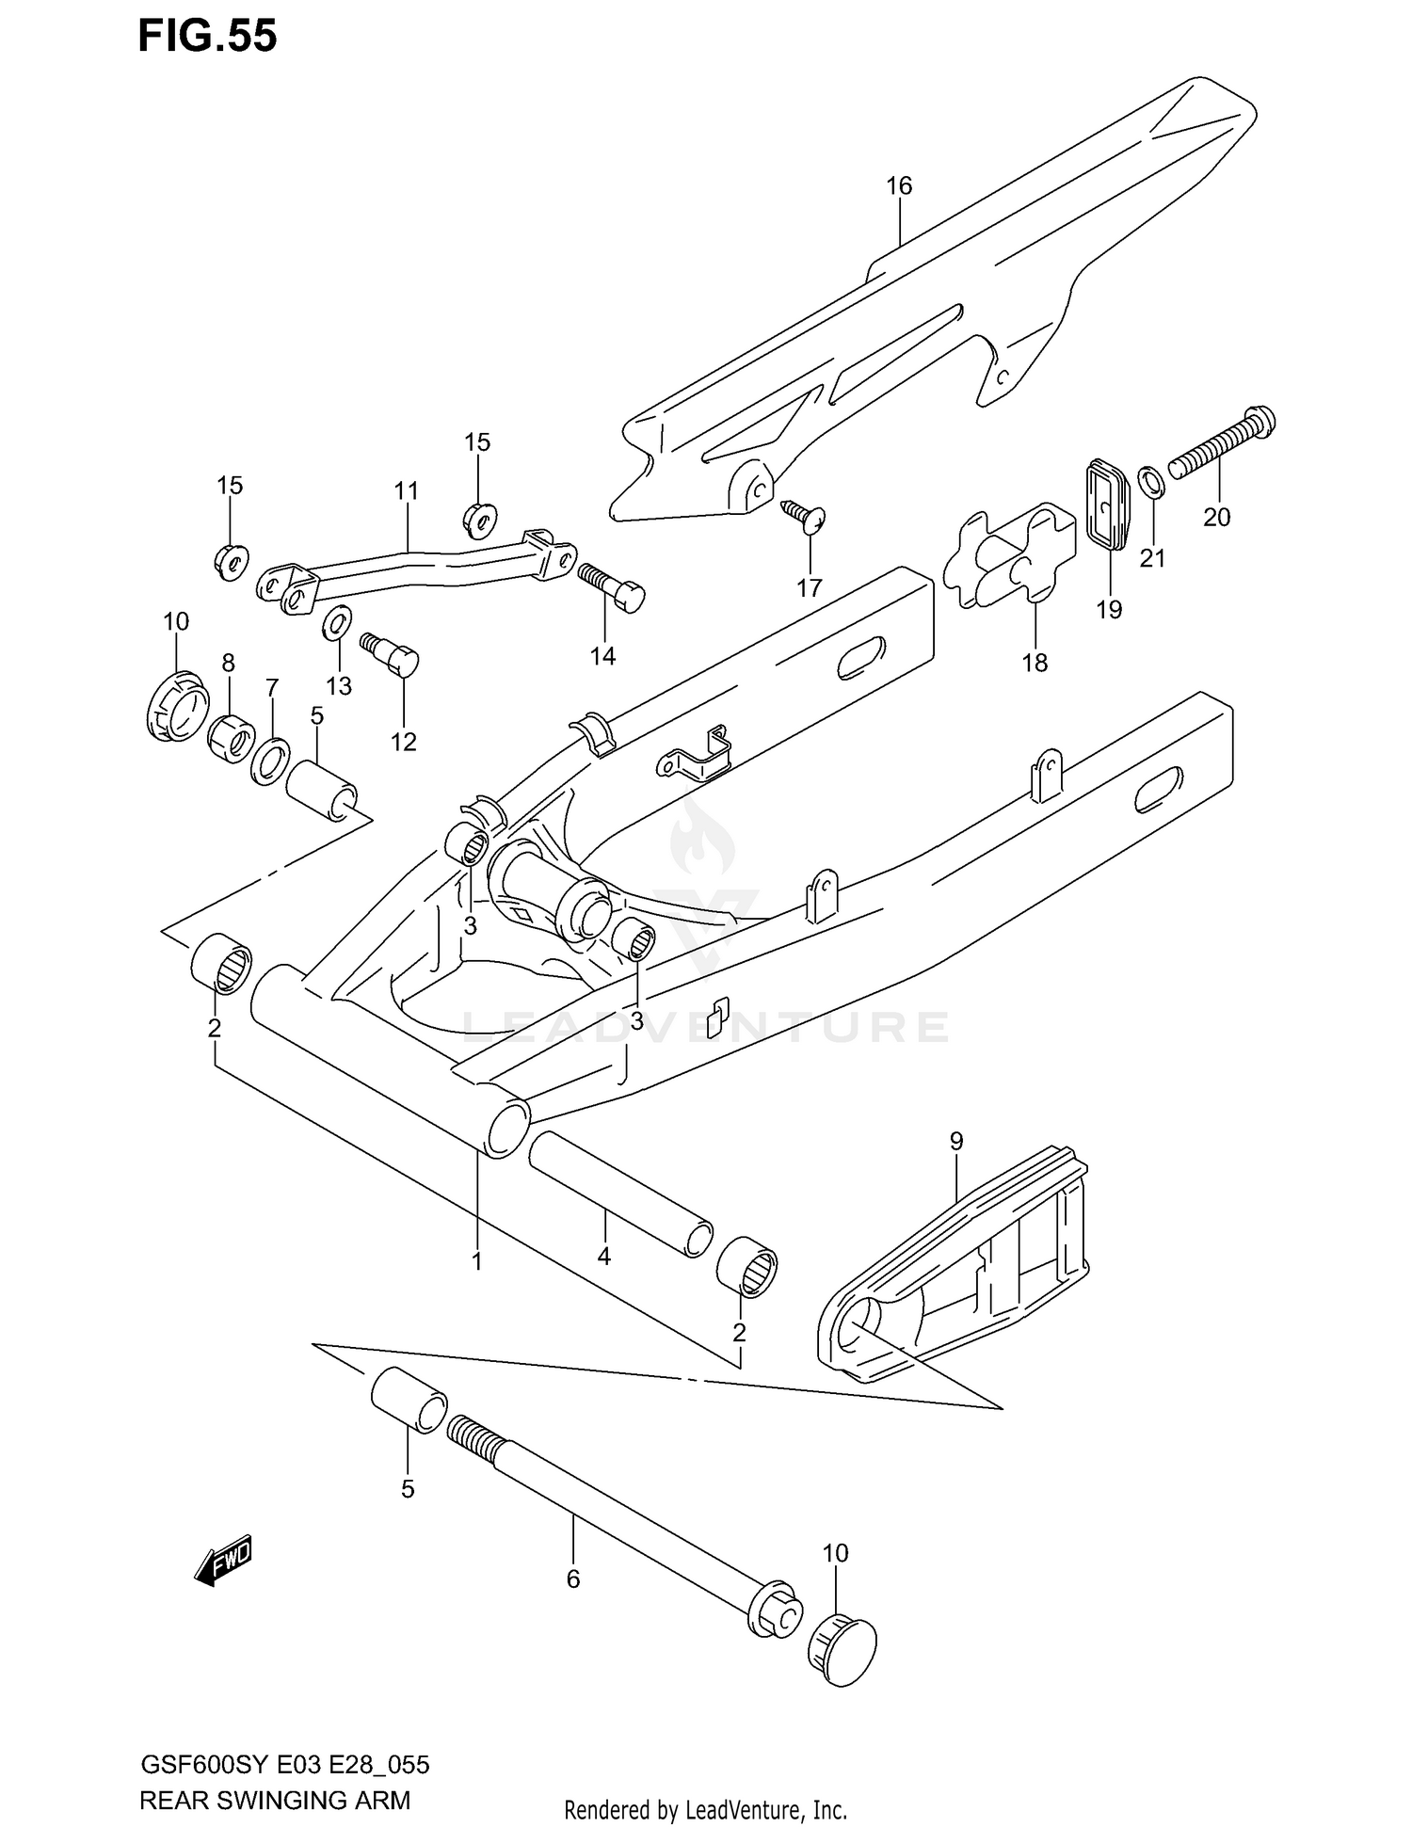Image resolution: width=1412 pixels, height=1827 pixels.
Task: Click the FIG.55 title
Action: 208,36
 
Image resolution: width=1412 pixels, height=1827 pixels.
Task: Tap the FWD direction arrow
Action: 224,1563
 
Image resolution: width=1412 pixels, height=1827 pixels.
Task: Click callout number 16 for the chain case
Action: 899,186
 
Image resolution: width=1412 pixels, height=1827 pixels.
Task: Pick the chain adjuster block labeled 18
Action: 1009,557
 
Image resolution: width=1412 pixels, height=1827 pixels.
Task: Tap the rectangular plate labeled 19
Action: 1109,503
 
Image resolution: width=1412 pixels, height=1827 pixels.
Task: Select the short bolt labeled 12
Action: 393,652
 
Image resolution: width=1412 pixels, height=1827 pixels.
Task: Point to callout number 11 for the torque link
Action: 406,490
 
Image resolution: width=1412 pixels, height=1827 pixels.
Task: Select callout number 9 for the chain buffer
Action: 956,1142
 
